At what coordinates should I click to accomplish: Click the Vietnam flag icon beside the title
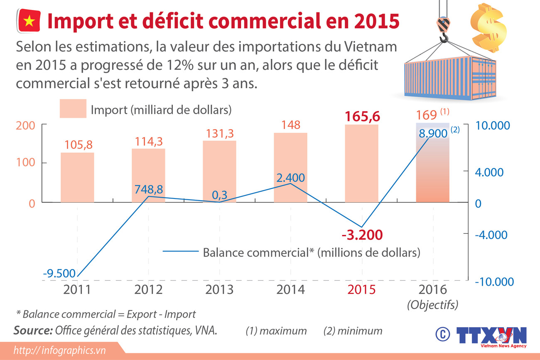coord(29,21)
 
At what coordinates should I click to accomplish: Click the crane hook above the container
coord(443,31)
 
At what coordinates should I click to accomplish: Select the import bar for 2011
coord(77,178)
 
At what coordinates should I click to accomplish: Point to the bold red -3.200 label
coord(362,235)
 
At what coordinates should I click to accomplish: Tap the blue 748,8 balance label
coord(148,189)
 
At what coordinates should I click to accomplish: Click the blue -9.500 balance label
coord(59,273)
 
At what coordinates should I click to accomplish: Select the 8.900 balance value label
coord(433,133)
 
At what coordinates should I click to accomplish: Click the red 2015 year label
coord(361,289)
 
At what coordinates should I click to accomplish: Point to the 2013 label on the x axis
coord(219,289)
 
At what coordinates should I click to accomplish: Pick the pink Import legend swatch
coord(73,109)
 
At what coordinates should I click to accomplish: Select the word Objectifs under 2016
coord(432,305)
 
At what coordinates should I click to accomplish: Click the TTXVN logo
coord(491,335)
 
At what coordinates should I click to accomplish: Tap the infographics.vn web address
coord(59,350)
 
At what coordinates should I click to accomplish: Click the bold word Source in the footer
coord(33,331)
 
